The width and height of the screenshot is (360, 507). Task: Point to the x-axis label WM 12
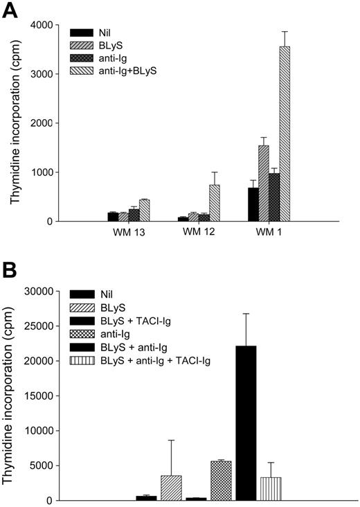(197, 231)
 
